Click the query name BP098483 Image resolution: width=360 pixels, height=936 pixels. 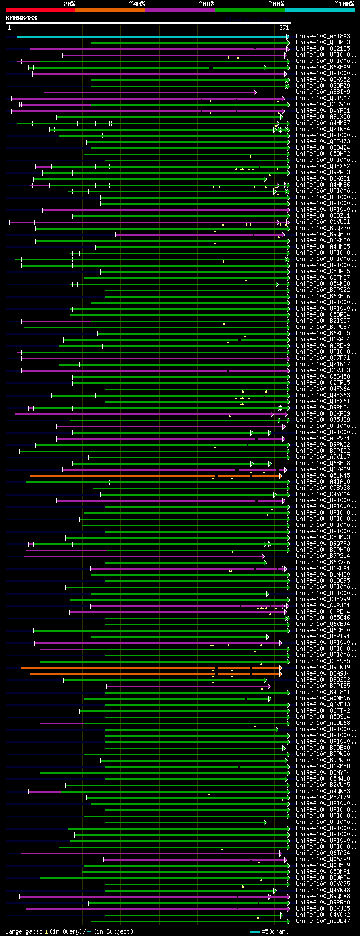tap(21, 18)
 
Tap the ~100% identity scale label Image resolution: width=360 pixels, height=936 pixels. tap(344, 4)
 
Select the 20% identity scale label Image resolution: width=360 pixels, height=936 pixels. tap(69, 4)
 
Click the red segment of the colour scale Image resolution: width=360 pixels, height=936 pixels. tap(39, 10)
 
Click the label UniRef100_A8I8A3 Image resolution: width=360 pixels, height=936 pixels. tap(323, 37)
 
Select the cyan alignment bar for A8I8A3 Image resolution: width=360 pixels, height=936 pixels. tap(152, 37)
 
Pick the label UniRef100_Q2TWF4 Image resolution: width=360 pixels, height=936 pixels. tap(323, 129)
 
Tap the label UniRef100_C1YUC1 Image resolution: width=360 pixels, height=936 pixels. tap(323, 222)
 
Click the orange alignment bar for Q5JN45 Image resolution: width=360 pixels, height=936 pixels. tap(155, 476)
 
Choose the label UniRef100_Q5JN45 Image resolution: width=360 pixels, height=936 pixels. tap(323, 476)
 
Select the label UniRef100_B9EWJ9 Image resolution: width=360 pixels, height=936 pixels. tap(323, 668)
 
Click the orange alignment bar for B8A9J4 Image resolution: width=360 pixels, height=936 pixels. tap(155, 674)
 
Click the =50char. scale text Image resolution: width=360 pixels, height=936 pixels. tap(274, 932)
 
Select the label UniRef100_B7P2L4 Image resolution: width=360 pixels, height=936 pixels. tap(323, 556)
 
